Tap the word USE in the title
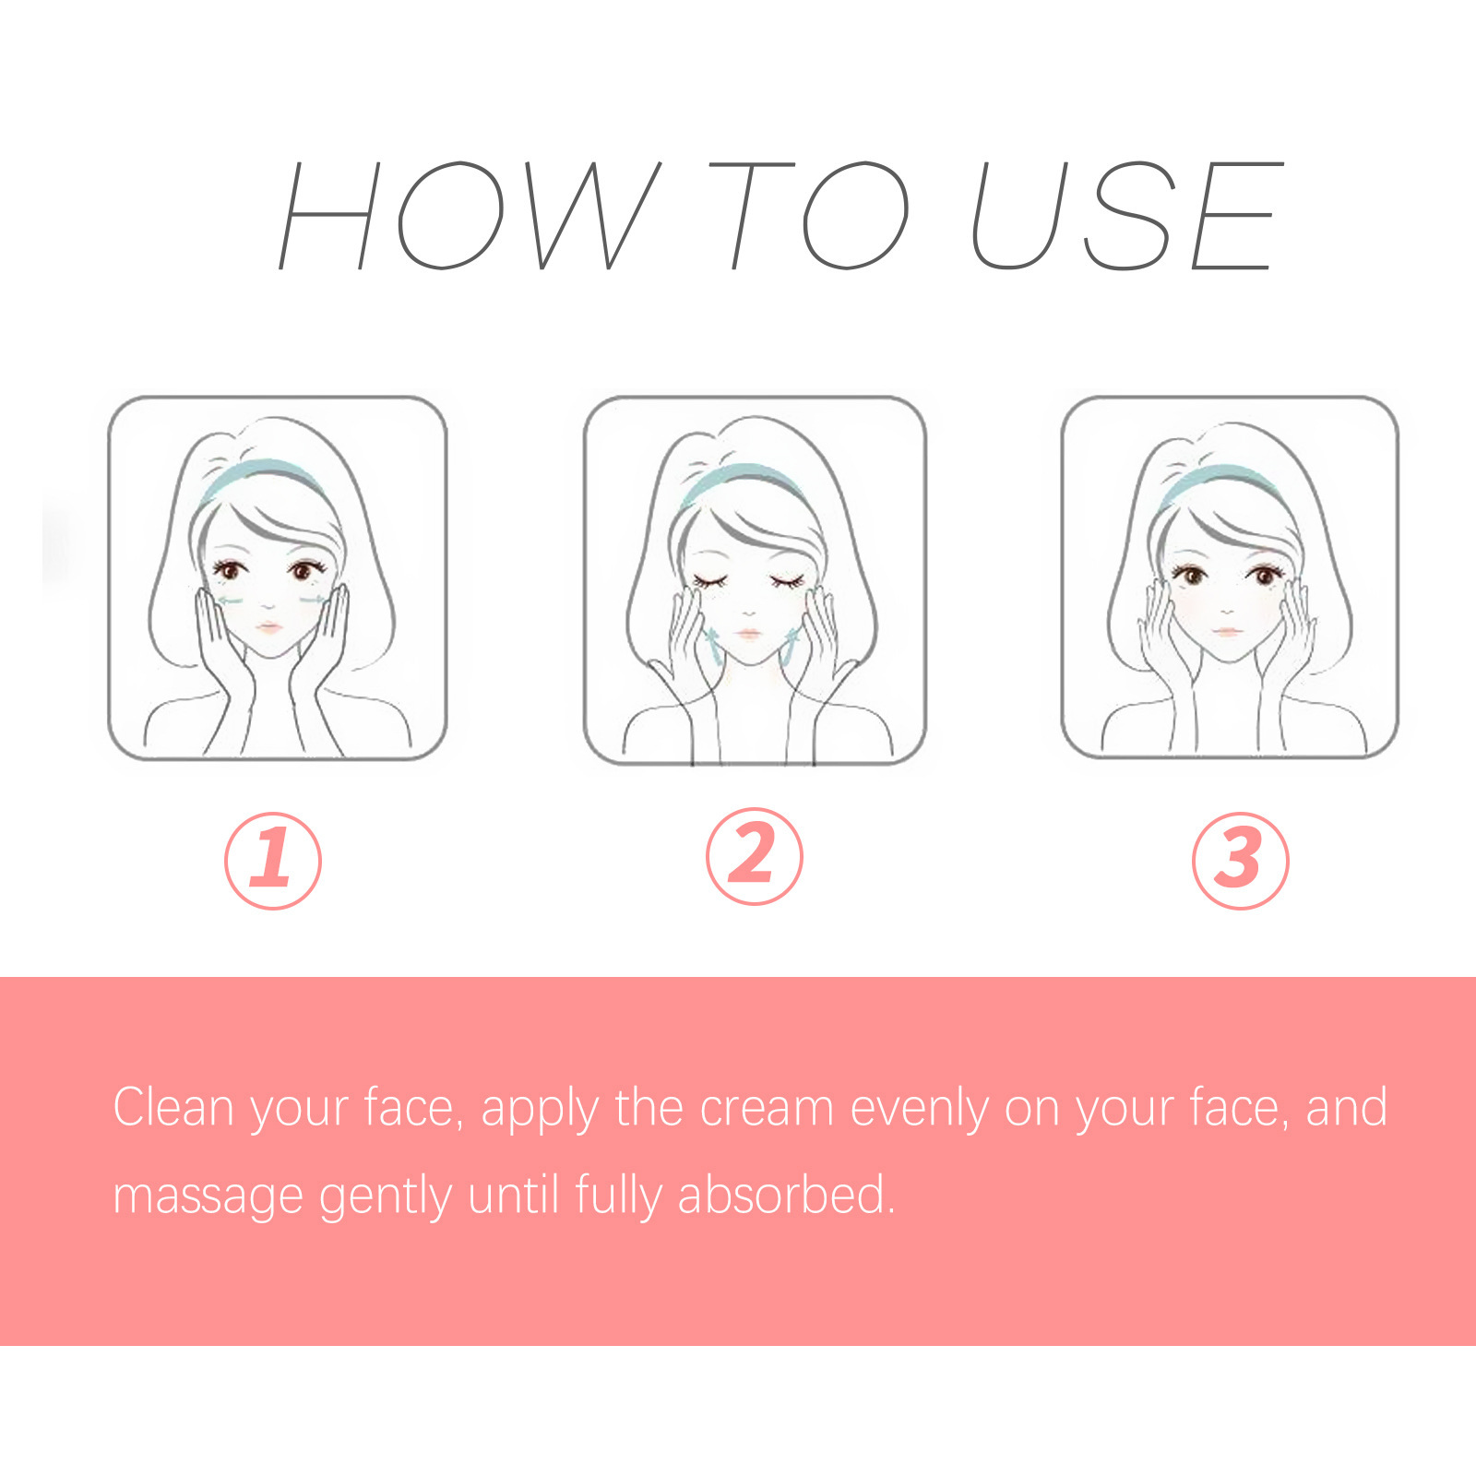pos(1127,216)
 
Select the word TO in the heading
pos(808,216)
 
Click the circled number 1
pos(273,860)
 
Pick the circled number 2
pos(755,856)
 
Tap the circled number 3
pos(1240,860)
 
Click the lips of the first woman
pos(268,627)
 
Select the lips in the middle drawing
pos(748,635)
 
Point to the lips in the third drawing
pos(1226,632)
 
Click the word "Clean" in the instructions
pos(173,1107)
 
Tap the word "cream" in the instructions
pos(767,1109)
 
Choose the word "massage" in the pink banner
pos(208,1196)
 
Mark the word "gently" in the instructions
pos(385,1196)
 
